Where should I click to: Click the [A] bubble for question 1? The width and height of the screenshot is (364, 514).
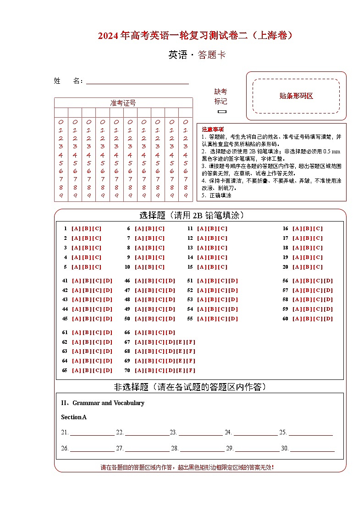coord(76,228)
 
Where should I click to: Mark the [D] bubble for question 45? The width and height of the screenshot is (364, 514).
coord(107,319)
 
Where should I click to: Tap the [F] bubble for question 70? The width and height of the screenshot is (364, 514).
coord(191,370)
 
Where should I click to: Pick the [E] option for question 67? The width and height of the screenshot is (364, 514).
coord(181,342)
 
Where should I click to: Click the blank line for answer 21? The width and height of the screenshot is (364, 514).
coord(92,433)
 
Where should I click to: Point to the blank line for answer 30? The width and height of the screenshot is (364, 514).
coord(312,449)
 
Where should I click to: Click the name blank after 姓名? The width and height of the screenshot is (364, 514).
coord(138,81)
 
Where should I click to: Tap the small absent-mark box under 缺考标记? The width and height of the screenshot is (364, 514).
coord(222,111)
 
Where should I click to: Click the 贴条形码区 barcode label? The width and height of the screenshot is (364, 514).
coord(296,96)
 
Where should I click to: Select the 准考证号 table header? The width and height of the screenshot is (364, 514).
coord(123,103)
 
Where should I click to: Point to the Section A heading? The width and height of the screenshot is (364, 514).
coord(74,417)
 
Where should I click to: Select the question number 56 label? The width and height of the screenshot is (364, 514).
coord(285,281)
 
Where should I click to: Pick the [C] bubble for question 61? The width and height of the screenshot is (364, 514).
coord(97,332)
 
